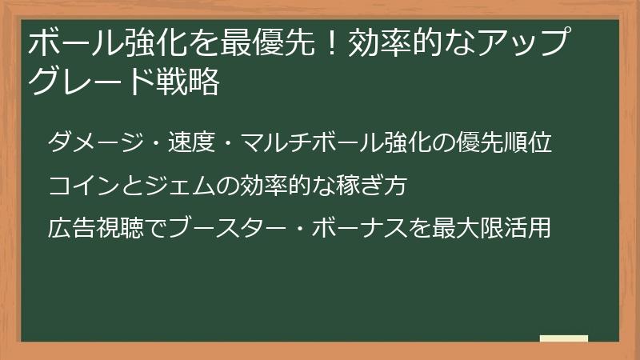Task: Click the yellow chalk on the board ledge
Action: point(564,338)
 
